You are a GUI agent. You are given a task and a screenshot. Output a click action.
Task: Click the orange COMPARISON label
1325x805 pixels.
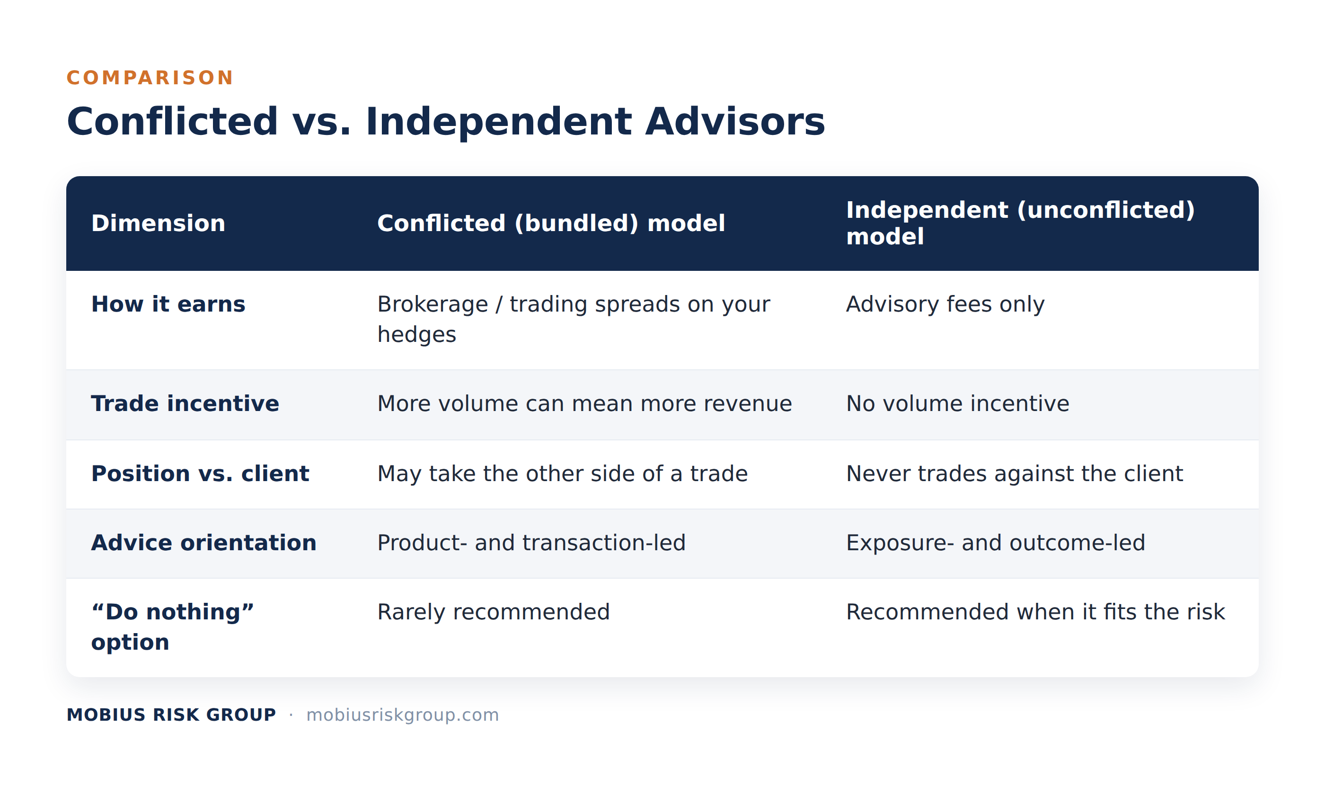150,78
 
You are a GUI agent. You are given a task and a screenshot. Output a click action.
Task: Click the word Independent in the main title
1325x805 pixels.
498,121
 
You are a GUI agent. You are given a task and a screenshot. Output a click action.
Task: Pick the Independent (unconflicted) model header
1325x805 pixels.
1020,223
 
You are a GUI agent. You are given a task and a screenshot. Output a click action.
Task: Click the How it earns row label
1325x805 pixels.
168,304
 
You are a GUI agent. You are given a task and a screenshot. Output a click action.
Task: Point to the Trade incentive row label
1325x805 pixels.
185,403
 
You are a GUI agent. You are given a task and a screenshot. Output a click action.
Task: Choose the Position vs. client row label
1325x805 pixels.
200,474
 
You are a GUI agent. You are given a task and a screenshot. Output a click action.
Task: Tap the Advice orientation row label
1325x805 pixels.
204,542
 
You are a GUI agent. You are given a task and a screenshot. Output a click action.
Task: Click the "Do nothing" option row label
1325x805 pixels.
172,627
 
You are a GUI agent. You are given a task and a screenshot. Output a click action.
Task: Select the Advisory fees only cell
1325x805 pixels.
945,304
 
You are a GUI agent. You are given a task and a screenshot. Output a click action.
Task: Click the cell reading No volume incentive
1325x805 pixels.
958,403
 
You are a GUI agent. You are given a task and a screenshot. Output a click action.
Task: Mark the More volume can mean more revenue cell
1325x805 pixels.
584,403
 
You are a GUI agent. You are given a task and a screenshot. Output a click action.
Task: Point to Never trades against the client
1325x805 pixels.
1015,474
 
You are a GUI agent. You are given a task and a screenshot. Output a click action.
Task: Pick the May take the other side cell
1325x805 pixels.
563,474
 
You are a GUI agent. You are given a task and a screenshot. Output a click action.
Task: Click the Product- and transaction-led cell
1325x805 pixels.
531,542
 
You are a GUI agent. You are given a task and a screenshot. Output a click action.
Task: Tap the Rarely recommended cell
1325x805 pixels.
494,612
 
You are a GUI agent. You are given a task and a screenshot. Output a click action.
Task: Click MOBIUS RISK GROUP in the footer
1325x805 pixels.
171,715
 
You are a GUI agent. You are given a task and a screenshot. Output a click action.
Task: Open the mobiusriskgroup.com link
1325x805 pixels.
403,715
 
